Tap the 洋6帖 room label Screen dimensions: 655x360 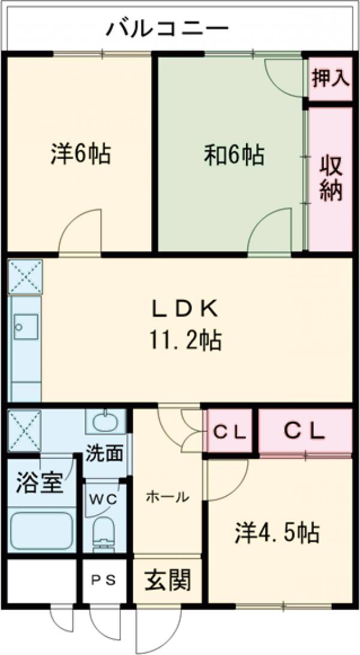click(80, 155)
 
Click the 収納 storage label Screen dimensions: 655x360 click(330, 178)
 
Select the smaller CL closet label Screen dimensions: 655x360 click(230, 431)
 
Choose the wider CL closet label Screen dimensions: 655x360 click(304, 430)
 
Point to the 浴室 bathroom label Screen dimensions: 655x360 click(40, 483)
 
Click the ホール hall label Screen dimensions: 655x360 click(168, 497)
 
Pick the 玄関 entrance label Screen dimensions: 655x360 click(167, 580)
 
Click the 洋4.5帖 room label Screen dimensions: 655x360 click(277, 531)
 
